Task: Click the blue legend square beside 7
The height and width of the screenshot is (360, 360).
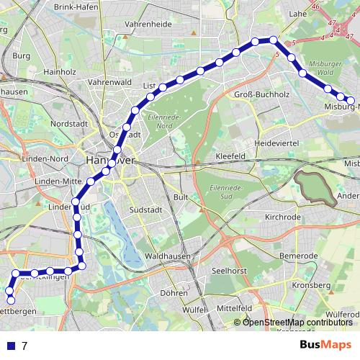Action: point(11,346)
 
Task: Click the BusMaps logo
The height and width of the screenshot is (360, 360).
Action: point(325,346)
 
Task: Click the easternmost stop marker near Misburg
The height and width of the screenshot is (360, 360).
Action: point(351,102)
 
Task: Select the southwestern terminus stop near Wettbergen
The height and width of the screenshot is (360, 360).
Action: point(10,300)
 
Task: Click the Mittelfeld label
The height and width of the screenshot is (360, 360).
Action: point(235,307)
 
